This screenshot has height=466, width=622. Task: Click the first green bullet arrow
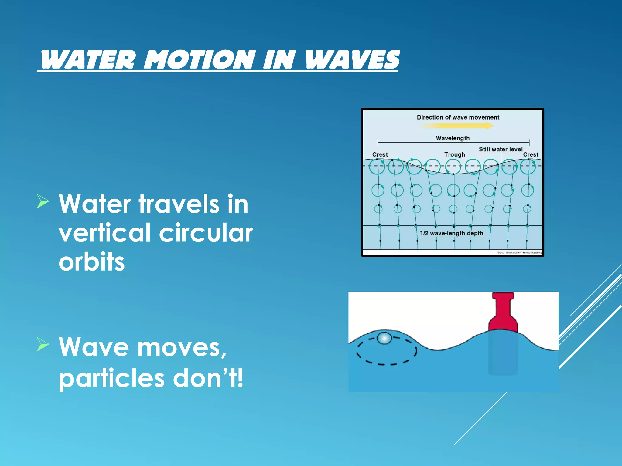coord(43,201)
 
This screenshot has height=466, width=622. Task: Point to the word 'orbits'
coord(92,262)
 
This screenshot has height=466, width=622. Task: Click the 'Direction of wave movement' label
coord(458,117)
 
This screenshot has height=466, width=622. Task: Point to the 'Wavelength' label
coord(453,138)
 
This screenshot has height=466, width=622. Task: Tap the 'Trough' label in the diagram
coord(454,154)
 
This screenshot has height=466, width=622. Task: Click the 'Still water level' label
coord(501,149)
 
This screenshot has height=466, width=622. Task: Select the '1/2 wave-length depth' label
coord(451,233)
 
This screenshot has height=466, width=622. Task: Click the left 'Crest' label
coord(380,154)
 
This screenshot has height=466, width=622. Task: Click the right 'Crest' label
coord(531,154)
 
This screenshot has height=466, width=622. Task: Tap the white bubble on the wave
coord(384,338)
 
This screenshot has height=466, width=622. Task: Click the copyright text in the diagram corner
coord(519,252)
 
